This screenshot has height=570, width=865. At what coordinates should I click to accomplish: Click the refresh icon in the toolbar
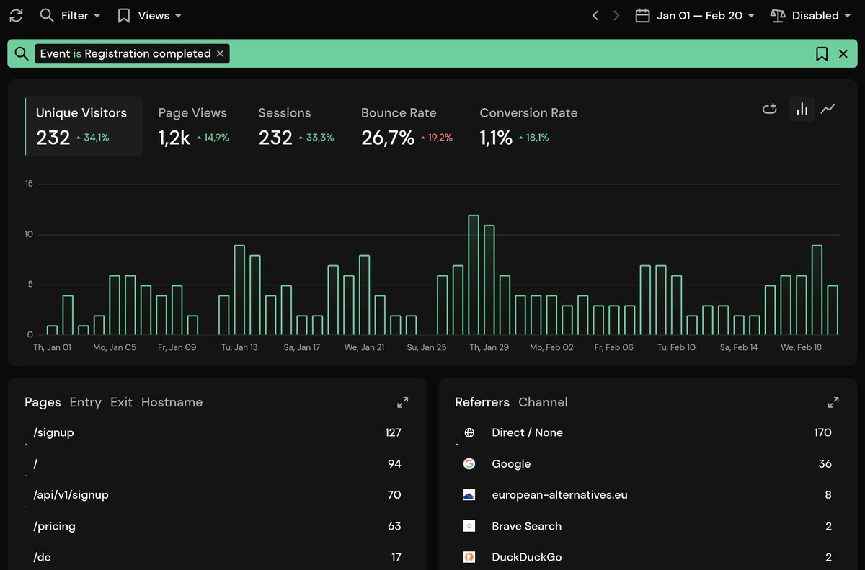coord(16,15)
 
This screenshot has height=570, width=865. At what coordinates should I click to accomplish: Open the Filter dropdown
coord(70,15)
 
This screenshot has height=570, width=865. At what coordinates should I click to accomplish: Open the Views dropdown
coord(149,15)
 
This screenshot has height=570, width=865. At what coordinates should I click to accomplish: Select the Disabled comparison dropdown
coord(809,15)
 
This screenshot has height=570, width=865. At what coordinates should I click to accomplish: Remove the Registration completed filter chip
coord(221,53)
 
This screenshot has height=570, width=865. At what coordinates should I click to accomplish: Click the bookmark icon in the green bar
coord(821,53)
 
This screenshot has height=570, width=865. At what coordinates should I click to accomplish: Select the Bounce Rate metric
coord(399,113)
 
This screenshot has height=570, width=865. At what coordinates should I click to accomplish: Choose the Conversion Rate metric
coord(528,113)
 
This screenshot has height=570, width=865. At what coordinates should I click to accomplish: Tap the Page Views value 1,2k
coord(174,138)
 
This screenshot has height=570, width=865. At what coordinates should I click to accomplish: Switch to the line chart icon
coord(828,109)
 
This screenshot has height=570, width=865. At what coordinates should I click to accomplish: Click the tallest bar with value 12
coord(474,275)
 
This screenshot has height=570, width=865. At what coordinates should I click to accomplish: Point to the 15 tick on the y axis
coord(29,184)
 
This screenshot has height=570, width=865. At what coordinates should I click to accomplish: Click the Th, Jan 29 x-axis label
coord(489,347)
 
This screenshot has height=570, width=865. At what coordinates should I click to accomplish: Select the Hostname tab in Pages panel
coord(172,402)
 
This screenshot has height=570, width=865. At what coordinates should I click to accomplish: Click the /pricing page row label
coord(55,526)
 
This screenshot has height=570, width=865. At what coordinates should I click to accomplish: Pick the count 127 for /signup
coord(393,432)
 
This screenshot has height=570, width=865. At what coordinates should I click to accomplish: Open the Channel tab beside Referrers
coord(543,402)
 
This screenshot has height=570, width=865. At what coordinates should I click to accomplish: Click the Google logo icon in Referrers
coord(469,464)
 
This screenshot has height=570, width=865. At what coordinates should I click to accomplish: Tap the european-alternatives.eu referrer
coord(559,495)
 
